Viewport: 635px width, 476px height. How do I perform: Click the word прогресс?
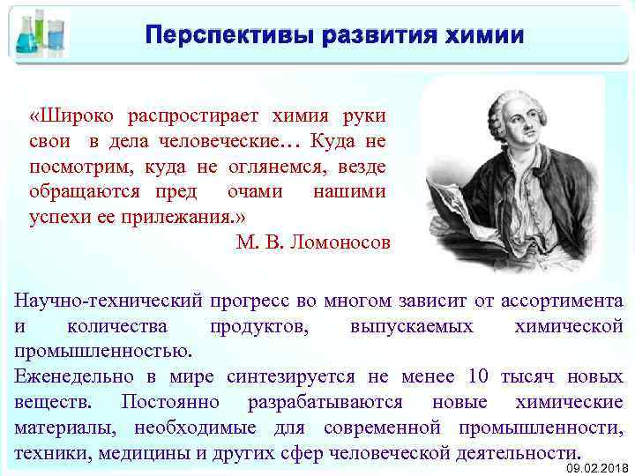(263, 301)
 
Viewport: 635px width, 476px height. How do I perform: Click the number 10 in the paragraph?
(479, 376)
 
